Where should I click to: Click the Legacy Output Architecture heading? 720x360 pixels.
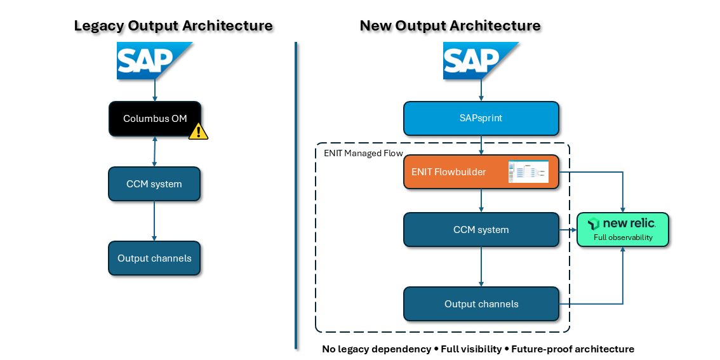[x=173, y=26]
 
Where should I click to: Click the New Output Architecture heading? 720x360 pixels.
[x=450, y=26]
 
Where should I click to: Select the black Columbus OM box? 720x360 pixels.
[x=155, y=119]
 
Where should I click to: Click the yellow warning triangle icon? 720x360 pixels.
[x=199, y=131]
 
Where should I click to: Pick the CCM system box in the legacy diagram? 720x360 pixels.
[x=154, y=184]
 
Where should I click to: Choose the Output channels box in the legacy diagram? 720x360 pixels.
[x=154, y=258]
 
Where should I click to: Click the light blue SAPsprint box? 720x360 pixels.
[x=481, y=119]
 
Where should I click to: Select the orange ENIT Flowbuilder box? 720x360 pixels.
[x=457, y=172]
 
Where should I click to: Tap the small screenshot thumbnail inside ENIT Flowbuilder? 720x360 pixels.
[x=528, y=172]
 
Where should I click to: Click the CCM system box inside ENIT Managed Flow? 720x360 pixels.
[x=481, y=230]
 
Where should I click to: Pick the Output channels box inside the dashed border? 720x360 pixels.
[x=481, y=304]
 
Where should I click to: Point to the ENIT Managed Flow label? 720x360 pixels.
[x=358, y=153]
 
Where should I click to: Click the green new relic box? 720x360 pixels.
[x=623, y=229]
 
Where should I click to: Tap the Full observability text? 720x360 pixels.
[x=623, y=237]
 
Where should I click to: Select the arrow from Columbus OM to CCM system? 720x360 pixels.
[x=155, y=151]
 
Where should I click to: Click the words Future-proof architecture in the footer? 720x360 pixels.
[x=572, y=349]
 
